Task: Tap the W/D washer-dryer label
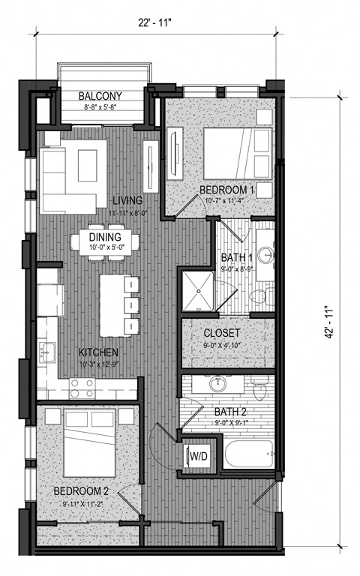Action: (199, 455)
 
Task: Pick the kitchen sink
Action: (46, 351)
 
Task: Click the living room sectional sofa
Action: (67, 180)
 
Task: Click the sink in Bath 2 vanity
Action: (218, 385)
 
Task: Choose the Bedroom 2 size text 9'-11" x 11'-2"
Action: (83, 504)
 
